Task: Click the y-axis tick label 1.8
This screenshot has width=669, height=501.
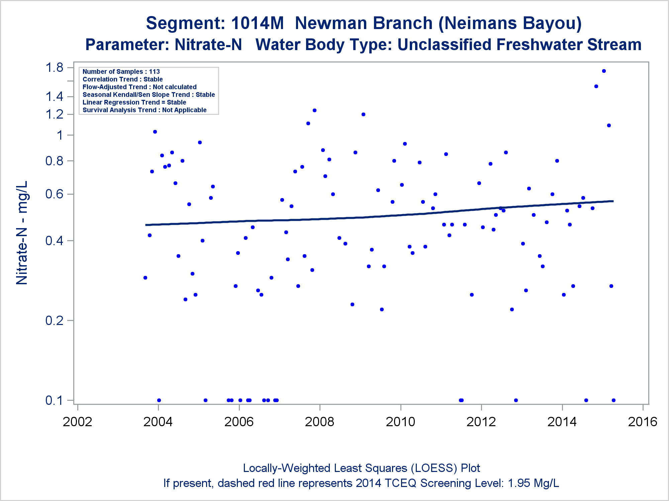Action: tap(54, 68)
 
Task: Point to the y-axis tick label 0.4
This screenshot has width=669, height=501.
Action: tap(54, 240)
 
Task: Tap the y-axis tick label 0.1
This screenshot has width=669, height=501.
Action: tap(54, 400)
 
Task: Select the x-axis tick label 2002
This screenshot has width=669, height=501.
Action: tap(77, 422)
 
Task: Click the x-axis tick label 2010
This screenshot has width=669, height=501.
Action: tap(400, 422)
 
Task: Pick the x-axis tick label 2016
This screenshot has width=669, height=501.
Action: tap(643, 422)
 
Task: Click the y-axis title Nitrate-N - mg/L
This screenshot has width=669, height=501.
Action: tap(22, 233)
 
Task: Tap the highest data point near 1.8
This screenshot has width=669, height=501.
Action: tap(604, 71)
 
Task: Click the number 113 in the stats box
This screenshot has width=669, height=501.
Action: tap(154, 71)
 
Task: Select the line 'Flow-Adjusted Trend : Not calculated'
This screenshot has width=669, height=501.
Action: tap(139, 87)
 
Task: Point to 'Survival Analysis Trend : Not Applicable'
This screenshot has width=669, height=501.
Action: tap(145, 110)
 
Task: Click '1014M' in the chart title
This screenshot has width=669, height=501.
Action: tap(257, 23)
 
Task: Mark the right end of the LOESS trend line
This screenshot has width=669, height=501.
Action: tap(613, 201)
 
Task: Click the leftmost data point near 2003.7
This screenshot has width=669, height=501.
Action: tap(145, 278)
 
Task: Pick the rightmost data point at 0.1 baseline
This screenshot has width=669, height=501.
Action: tap(613, 400)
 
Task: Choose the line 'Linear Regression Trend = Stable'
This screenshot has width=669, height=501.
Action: tap(134, 102)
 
